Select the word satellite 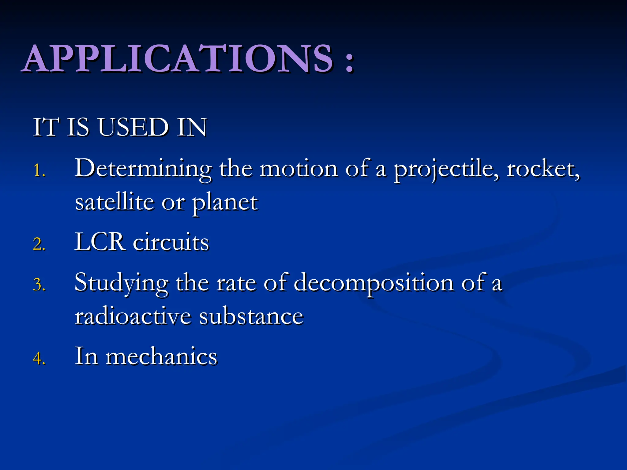pyautogui.click(x=115, y=203)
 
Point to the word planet pyautogui.click(x=225, y=203)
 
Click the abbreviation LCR pyautogui.click(x=99, y=242)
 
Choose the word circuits pyautogui.click(x=171, y=243)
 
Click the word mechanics pyautogui.click(x=161, y=356)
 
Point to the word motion pyautogui.click(x=299, y=169)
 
